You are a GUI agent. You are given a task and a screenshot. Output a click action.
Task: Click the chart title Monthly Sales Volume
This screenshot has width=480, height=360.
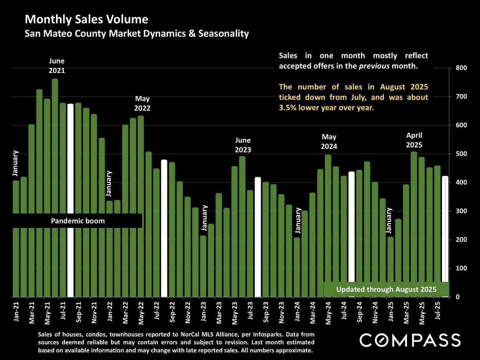tap(86, 19)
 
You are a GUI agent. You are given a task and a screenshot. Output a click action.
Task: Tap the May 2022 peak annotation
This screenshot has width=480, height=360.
tap(142, 104)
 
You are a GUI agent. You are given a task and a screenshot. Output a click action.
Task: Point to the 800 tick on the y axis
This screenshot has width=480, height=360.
tap(461, 68)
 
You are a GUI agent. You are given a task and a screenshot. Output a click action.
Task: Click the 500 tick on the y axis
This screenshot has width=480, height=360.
tap(461, 154)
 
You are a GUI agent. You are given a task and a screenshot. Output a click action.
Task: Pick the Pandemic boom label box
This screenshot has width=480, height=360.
tap(78, 221)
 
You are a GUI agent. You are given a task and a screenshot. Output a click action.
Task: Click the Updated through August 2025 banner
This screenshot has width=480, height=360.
tap(386, 289)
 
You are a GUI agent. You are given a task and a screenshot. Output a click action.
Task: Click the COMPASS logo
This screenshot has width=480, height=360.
tap(410, 340)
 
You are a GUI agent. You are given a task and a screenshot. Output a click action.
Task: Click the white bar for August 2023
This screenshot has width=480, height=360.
tap(258, 237)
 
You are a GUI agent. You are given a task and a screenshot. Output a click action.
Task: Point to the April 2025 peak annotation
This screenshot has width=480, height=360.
tap(414, 140)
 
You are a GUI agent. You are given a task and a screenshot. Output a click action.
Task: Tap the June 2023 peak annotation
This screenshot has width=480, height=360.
tap(243, 145)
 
